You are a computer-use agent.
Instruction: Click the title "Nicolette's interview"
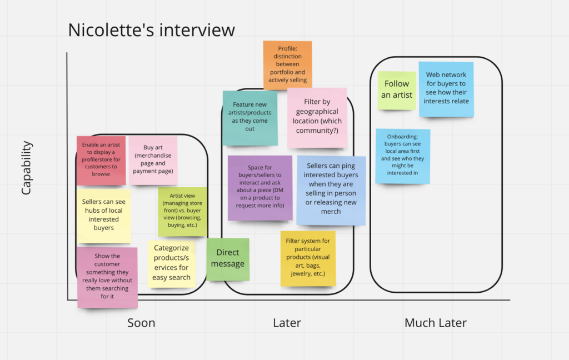[x=151, y=30]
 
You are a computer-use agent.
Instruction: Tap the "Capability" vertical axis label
[x=26, y=168]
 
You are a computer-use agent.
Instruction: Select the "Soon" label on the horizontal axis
[x=141, y=323]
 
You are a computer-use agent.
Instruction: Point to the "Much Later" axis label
[x=436, y=323]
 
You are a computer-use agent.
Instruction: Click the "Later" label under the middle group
[x=287, y=323]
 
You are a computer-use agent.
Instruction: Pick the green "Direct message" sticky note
[x=228, y=259]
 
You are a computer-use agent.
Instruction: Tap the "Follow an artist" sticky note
[x=397, y=90]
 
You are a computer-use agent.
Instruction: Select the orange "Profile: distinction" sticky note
[x=287, y=64]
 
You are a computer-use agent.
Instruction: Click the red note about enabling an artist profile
[x=101, y=160]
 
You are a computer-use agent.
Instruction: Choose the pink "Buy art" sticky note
[x=153, y=159]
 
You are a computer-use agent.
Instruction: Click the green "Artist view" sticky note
[x=182, y=212]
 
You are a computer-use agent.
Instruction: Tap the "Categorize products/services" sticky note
[x=171, y=263]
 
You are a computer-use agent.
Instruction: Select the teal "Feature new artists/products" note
[x=250, y=117]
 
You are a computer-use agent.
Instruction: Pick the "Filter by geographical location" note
[x=317, y=117]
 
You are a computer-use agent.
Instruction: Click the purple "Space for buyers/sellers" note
[x=259, y=187]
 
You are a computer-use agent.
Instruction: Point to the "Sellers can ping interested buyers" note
[x=331, y=189]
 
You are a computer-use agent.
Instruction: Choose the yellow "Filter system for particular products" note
[x=308, y=258]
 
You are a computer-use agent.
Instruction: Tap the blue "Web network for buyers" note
[x=446, y=88]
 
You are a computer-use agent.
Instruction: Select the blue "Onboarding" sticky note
[x=402, y=156]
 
